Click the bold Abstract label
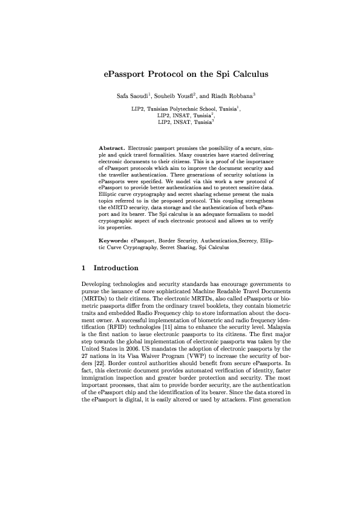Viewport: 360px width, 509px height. click(112, 148)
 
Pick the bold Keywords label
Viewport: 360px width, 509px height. click(114, 241)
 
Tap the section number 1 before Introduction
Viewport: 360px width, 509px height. click(83, 268)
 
